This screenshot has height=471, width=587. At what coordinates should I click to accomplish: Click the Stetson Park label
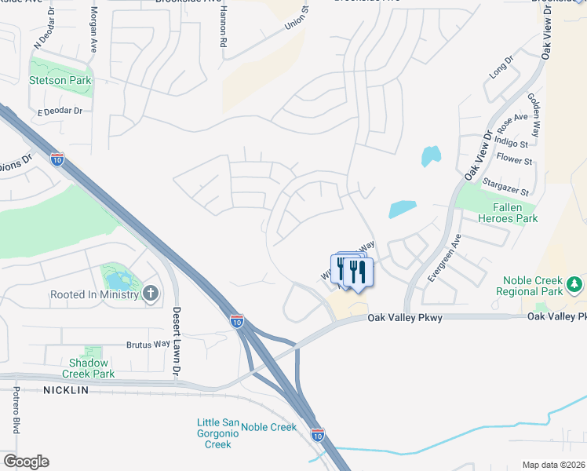(x=60, y=80)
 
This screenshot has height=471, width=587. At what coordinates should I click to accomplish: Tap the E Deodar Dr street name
(x=60, y=111)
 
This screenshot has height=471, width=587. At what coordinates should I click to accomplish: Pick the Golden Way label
(x=534, y=115)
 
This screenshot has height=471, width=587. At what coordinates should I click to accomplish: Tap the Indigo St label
(x=512, y=143)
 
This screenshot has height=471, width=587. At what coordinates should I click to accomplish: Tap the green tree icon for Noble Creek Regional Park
(x=575, y=282)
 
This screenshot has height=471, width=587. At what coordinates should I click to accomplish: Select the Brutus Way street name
(x=148, y=344)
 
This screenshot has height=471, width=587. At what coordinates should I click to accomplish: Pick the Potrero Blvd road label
(x=15, y=410)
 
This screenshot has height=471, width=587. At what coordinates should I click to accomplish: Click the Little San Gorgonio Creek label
(x=213, y=434)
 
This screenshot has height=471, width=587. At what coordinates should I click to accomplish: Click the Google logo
(x=26, y=461)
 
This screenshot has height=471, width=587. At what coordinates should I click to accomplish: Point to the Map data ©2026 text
(x=554, y=465)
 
